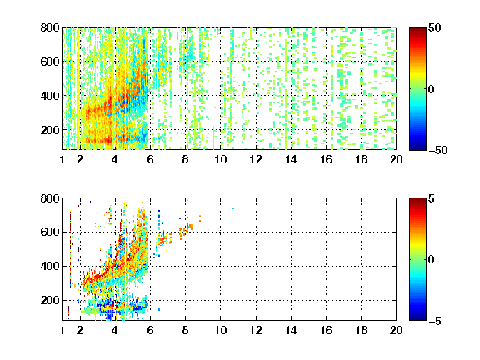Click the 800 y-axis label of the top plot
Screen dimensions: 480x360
50,27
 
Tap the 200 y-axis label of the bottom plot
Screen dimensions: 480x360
50,300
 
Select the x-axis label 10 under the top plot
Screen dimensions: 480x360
220,159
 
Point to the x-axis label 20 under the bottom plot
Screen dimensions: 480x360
396,330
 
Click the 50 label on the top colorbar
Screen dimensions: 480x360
434,27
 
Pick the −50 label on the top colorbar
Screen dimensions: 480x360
438,150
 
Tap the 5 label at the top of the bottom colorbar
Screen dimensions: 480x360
432,198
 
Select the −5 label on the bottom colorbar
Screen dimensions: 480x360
435,321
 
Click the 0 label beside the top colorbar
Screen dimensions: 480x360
432,89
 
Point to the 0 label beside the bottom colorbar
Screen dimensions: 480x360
432,260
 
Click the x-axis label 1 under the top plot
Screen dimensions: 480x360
62,159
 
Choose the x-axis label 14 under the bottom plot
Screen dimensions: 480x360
291,330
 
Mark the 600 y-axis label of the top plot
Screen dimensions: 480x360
50,62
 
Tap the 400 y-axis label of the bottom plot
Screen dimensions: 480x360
50,266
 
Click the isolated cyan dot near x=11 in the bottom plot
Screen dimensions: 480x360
233,208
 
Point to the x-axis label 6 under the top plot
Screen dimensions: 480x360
150,159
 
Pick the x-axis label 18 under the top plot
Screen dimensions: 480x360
361,159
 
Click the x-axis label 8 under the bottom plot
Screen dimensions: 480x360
185,330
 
